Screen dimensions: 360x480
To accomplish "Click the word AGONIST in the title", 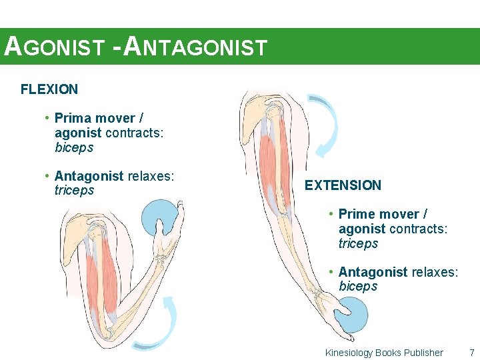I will pos(54,47).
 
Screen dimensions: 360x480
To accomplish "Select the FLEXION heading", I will pos(49,89).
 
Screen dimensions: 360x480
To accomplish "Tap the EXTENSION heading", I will pos(343,185).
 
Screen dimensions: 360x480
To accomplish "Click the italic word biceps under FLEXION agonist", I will pos(74,147).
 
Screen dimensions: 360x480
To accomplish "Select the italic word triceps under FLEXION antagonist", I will pos(74,191).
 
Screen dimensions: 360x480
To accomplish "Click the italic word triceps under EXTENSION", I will pos(358,243).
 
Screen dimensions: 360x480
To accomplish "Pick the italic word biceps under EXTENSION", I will pos(358,287).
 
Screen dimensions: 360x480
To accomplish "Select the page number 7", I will pos(471,353).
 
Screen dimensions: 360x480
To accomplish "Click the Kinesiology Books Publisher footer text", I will pos(383,353).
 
